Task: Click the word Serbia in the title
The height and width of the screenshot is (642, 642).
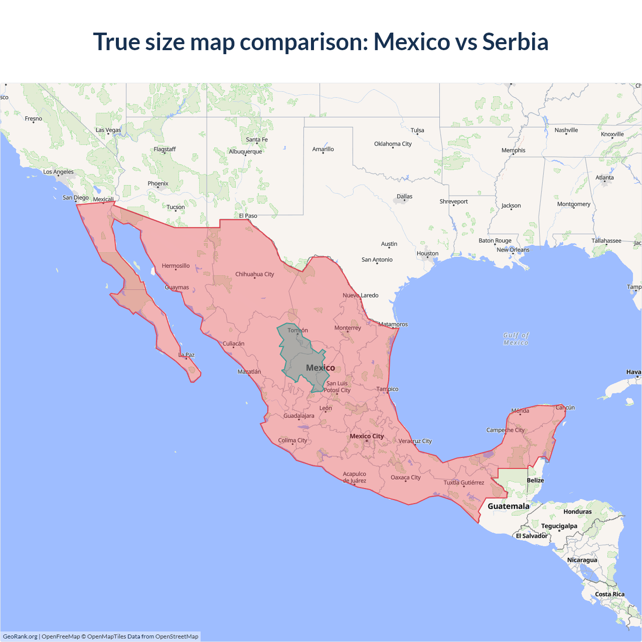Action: click(515, 42)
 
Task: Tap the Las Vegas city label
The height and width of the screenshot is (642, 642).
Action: click(108, 130)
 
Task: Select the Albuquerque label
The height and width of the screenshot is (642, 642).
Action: click(245, 151)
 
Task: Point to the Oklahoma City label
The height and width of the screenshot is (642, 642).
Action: click(393, 144)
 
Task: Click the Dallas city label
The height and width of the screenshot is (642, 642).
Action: click(404, 197)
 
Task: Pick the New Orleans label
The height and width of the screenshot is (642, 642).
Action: click(513, 250)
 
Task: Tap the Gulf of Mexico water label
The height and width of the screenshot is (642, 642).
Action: click(516, 339)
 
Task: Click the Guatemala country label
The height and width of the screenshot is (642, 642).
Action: click(508, 506)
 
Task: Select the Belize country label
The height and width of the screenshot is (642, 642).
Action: click(535, 480)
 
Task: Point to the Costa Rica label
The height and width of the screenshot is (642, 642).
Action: click(609, 594)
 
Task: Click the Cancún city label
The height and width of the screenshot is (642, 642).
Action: click(565, 408)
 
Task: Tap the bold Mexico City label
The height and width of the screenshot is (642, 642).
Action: click(367, 436)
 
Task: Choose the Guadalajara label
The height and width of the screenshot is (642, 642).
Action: click(299, 416)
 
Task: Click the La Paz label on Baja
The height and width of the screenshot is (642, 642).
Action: click(187, 355)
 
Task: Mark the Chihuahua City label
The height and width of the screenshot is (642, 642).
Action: click(255, 274)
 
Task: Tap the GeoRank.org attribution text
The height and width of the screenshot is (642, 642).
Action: click(20, 636)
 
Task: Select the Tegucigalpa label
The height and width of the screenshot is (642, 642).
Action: click(559, 526)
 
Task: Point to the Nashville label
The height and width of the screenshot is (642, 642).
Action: click(566, 130)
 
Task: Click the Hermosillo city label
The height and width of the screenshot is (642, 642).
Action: click(176, 266)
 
